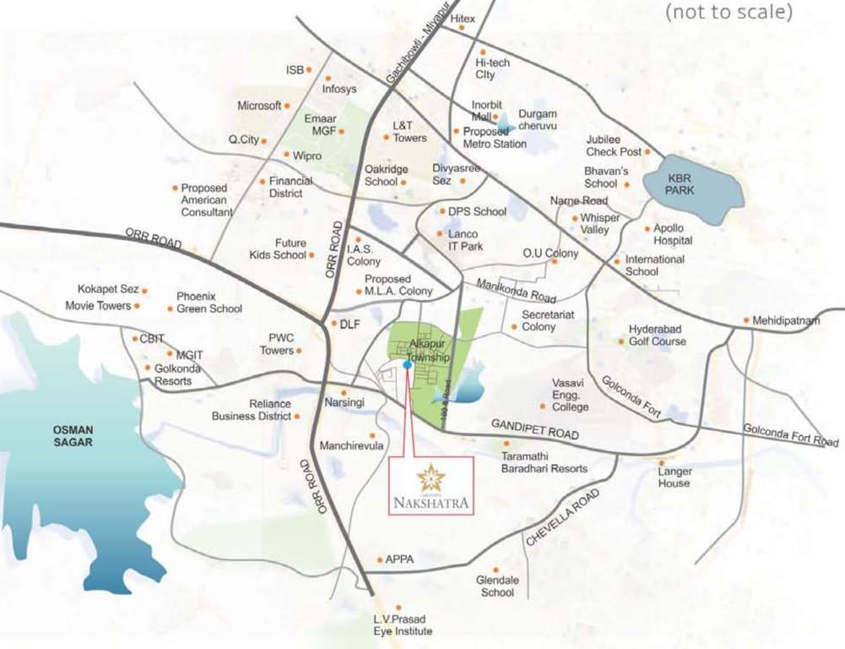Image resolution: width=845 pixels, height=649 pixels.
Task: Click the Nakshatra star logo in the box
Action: tap(431, 478)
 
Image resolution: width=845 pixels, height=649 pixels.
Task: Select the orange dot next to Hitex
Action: tap(463, 28)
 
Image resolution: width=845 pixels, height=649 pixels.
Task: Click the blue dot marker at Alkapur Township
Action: tap(408, 365)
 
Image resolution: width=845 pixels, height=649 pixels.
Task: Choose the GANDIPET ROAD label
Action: tap(537, 429)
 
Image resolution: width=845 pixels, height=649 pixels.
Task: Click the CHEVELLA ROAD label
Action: tap(562, 516)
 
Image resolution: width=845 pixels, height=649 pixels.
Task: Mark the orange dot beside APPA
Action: tap(378, 559)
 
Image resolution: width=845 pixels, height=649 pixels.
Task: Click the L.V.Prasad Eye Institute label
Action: tap(404, 625)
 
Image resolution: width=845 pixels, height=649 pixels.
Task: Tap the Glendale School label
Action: tap(497, 586)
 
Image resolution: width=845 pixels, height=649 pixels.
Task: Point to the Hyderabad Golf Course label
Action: tap(658, 335)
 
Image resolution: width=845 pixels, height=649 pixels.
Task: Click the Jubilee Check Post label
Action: tap(615, 145)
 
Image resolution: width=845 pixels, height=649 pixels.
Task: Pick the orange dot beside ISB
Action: tap(309, 69)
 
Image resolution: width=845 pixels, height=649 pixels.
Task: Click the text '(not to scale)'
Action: tap(729, 13)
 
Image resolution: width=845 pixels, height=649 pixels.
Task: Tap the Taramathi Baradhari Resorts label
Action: tap(544, 462)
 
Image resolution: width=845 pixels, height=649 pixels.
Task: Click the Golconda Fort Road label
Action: tap(791, 436)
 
